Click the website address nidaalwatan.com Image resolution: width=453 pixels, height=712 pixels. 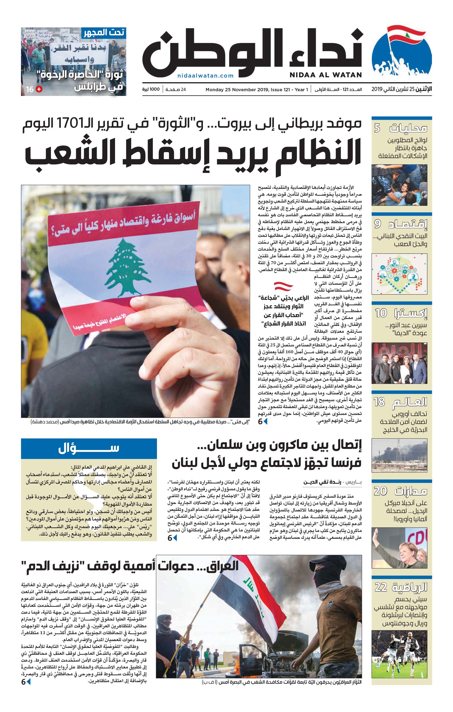pyautogui.click(x=205, y=76)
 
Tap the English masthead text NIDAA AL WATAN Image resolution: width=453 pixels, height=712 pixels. pyautogui.click(x=325, y=75)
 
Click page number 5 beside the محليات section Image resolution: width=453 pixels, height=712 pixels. pyautogui.click(x=377, y=128)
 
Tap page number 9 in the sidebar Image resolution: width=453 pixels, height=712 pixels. pyautogui.click(x=377, y=224)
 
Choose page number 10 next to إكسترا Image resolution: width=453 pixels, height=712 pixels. pyautogui.click(x=381, y=313)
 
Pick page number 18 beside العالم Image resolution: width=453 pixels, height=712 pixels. pyautogui.click(x=379, y=402)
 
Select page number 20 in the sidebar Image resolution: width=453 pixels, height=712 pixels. pyautogui.click(x=380, y=491)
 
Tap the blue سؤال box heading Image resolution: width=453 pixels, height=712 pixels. pyautogui.click(x=89, y=448)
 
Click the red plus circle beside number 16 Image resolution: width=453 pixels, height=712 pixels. pyautogui.click(x=39, y=89)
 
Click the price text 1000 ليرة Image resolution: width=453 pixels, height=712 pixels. pyautogui.click(x=151, y=89)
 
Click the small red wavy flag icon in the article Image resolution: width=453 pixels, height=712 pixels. pyautogui.click(x=283, y=286)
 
